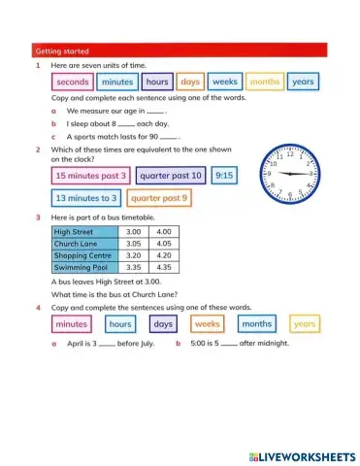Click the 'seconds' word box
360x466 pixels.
coord(73,83)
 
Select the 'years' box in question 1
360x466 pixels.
coord(303,83)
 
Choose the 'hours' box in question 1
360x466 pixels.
coord(157,83)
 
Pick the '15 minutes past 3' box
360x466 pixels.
coord(90,176)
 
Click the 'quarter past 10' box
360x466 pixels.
coord(170,176)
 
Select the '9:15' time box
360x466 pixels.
coord(224,176)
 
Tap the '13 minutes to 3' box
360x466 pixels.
coord(86,198)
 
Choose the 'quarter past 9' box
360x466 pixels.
coord(157,198)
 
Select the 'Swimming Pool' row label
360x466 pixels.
coord(84,267)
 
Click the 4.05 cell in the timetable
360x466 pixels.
coord(163,245)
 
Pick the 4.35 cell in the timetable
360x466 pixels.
coord(163,267)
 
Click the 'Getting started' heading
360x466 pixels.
coord(61,50)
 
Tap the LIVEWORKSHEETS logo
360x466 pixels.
coord(302,455)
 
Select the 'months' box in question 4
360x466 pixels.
coord(256,323)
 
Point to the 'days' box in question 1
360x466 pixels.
coord(190,83)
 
